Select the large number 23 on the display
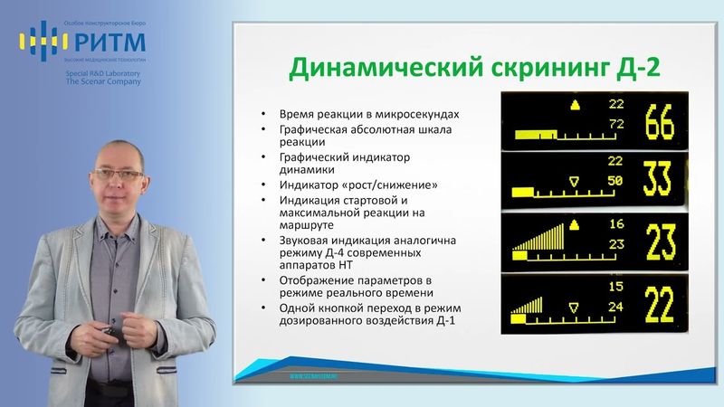pyautogui.click(x=659, y=241)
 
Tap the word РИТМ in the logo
pyautogui.click(x=105, y=40)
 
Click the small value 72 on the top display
pyautogui.click(x=616, y=123)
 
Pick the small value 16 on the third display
pyautogui.click(x=616, y=223)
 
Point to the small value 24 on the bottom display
pyautogui.click(x=616, y=306)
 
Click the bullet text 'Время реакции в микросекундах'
pyautogui.click(x=367, y=115)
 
